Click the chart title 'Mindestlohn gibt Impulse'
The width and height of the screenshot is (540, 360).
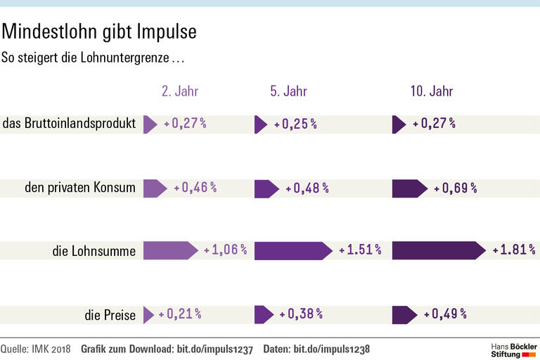click(98, 32)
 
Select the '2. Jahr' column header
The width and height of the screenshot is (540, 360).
click(180, 91)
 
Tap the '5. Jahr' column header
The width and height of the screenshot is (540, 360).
click(288, 91)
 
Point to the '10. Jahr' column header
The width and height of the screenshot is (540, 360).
click(432, 91)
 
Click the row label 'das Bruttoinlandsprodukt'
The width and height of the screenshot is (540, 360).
click(69, 124)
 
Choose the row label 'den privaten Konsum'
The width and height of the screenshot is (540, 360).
click(79, 188)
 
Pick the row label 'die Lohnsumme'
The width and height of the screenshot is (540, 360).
click(94, 250)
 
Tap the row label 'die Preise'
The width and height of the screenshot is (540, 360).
click(110, 314)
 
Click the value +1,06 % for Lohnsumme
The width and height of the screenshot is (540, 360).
click(225, 250)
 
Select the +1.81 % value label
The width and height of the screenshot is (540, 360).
click(514, 250)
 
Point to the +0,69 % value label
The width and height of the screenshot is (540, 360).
click(456, 188)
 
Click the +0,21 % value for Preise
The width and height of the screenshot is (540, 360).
click(180, 314)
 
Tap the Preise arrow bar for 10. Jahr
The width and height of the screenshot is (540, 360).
click(404, 314)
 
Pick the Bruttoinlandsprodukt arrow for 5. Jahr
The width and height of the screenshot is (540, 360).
click(260, 124)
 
